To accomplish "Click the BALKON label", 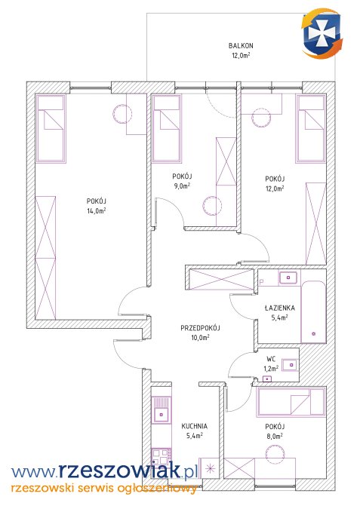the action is [x=241, y=46].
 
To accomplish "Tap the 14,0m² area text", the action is [x=96, y=210].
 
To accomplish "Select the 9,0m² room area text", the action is [x=182, y=186].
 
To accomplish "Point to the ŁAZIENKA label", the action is [x=280, y=308].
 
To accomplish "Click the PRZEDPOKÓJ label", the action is [x=200, y=328].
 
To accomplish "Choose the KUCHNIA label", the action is [x=194, y=426].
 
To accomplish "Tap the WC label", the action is [x=271, y=359].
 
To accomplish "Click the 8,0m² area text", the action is [x=275, y=437].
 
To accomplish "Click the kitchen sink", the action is [x=162, y=409].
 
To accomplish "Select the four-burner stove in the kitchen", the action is [x=162, y=457].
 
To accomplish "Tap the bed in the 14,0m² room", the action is [x=51, y=128].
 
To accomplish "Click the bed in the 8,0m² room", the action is [x=291, y=402].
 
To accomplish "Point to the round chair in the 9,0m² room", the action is [x=212, y=206].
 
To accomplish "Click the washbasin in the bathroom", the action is [x=288, y=277].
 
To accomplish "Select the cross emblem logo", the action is [x=322, y=34].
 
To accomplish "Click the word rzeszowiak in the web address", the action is [x=119, y=471].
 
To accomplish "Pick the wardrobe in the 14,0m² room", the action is [x=45, y=257].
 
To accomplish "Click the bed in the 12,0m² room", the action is [x=311, y=128].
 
